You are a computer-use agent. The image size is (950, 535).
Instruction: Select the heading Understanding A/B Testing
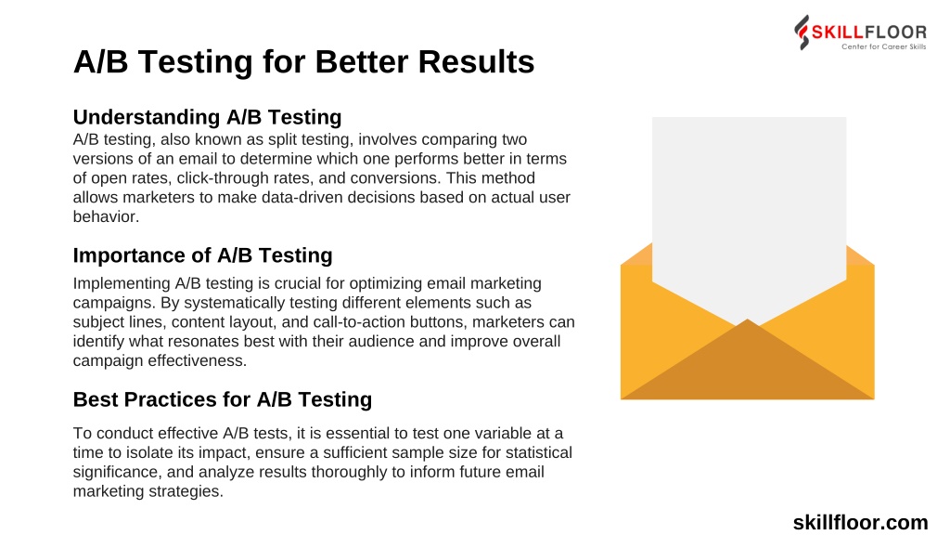tap(207, 116)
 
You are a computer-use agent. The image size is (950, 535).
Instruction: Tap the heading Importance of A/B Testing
tap(202, 254)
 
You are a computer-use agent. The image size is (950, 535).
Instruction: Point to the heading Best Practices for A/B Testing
tap(223, 399)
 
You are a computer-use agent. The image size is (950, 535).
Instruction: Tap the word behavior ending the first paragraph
tap(106, 216)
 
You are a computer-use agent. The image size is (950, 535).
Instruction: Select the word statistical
tap(539, 452)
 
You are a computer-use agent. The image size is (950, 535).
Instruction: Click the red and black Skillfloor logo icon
tap(802, 33)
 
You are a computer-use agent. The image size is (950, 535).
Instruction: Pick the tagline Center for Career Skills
tap(883, 46)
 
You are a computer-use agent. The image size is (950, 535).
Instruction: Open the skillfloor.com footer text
tap(860, 522)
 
